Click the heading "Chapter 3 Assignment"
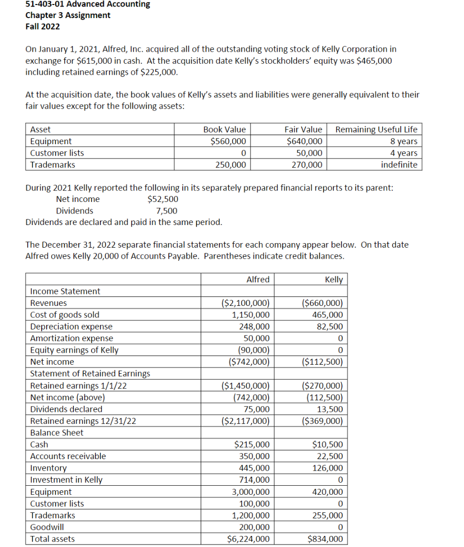click(68, 15)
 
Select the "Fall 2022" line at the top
click(43, 26)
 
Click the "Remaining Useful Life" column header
click(376, 129)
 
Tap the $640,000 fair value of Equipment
click(304, 141)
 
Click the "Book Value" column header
click(224, 129)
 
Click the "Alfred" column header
click(258, 279)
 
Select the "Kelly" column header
click(334, 279)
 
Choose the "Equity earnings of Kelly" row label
click(74, 350)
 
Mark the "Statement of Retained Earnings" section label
click(90, 374)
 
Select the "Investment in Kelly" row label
click(66, 480)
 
